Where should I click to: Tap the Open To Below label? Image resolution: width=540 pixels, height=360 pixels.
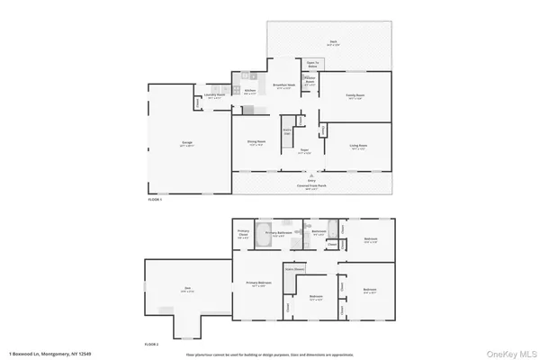click(x=312, y=65)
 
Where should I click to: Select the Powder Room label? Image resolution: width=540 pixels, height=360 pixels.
click(x=309, y=80)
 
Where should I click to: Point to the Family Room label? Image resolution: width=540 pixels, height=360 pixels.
click(x=355, y=97)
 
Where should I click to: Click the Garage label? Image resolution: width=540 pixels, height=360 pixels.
click(x=188, y=143)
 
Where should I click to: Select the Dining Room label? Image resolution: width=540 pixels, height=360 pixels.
click(x=256, y=141)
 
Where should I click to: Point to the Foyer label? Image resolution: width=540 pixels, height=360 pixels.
click(x=304, y=150)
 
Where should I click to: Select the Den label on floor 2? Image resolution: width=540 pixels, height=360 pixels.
click(x=186, y=290)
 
